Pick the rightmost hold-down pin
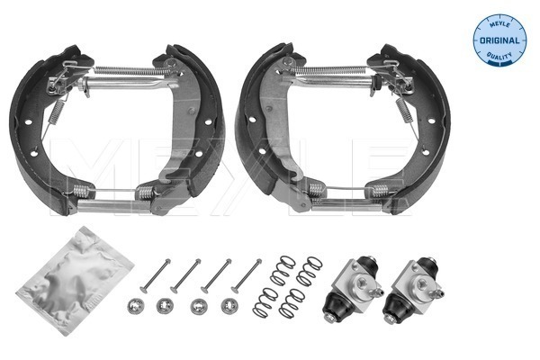pyautogui.click(x=244, y=274)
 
